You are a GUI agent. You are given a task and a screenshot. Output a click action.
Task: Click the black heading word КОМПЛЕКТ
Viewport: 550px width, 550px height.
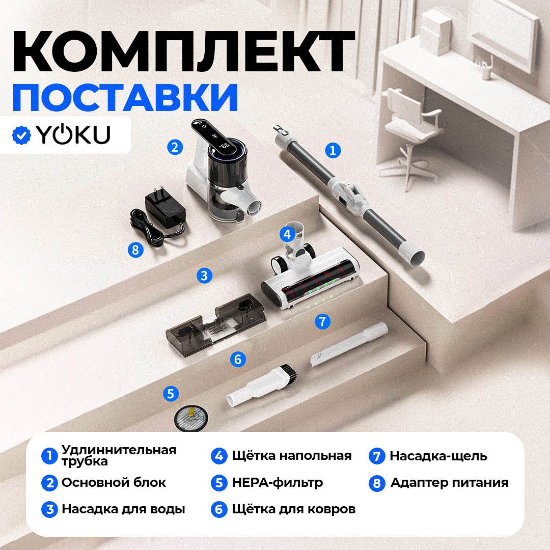click(x=184, y=51)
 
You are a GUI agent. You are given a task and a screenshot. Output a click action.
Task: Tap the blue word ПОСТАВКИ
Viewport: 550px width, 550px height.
click(x=125, y=97)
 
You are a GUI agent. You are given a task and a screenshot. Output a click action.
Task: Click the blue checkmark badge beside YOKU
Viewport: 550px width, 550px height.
click(x=21, y=134)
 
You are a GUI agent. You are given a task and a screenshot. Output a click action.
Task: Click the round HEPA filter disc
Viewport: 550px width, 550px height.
click(x=191, y=418)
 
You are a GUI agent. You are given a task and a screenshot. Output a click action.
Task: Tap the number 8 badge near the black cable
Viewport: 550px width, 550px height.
click(x=136, y=250)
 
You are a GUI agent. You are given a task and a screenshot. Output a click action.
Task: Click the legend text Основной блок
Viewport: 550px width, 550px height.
click(x=114, y=483)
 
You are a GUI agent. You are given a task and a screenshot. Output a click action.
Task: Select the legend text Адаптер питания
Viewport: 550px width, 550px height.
click(x=449, y=483)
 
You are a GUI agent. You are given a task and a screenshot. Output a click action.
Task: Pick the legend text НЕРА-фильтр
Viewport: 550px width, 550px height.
click(x=277, y=483)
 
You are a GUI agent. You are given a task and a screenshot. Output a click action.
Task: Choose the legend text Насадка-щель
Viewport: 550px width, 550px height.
click(x=438, y=456)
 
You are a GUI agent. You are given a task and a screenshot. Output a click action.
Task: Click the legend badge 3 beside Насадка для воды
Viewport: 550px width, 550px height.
click(x=49, y=509)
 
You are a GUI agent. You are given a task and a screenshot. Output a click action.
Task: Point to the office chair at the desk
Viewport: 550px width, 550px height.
click(x=411, y=137)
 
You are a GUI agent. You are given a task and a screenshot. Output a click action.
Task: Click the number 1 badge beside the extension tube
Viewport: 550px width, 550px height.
click(x=333, y=150)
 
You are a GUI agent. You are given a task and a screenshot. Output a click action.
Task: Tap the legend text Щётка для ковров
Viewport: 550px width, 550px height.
click(x=294, y=509)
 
